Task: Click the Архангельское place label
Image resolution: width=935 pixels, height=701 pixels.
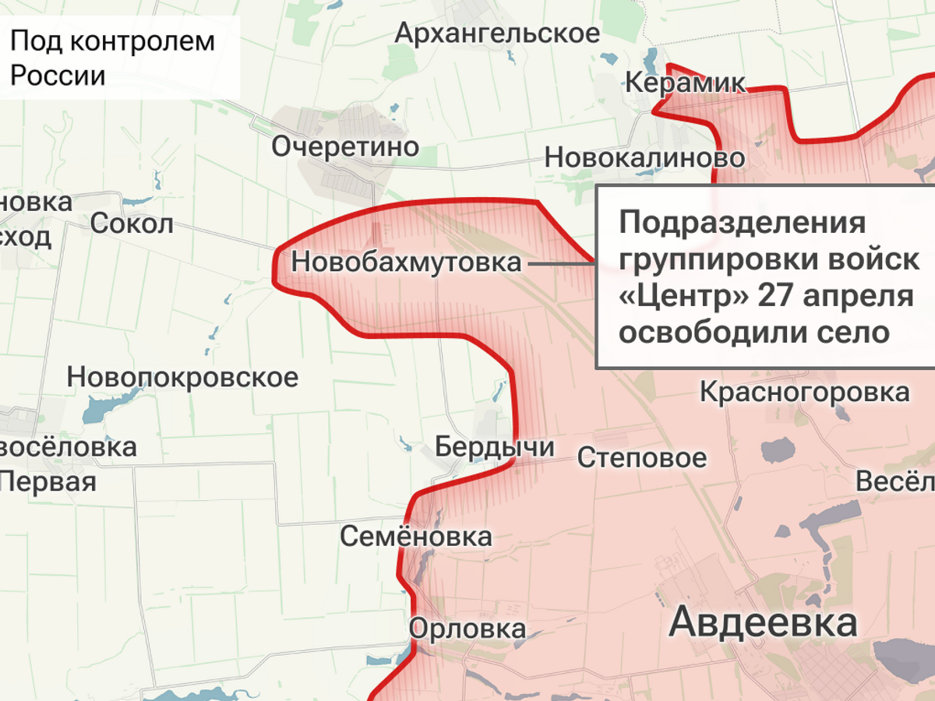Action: (497, 33)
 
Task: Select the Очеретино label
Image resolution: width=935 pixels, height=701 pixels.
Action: (345, 146)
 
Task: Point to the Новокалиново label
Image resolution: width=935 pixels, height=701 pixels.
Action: (644, 157)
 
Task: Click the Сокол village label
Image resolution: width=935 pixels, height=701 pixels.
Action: (132, 224)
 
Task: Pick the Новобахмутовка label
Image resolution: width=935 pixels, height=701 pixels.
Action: (406, 262)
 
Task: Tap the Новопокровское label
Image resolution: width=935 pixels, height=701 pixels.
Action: (182, 377)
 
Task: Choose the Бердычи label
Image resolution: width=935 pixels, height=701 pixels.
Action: (495, 447)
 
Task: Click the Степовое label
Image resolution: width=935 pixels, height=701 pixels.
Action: (642, 457)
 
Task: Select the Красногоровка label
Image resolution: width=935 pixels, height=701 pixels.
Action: (805, 392)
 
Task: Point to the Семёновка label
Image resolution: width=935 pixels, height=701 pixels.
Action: (416, 536)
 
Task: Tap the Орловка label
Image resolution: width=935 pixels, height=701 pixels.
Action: (467, 629)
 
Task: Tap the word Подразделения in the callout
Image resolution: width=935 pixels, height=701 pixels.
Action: (743, 224)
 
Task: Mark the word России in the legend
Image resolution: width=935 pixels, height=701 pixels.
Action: (58, 76)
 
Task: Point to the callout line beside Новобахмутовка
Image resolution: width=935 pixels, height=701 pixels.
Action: (561, 264)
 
